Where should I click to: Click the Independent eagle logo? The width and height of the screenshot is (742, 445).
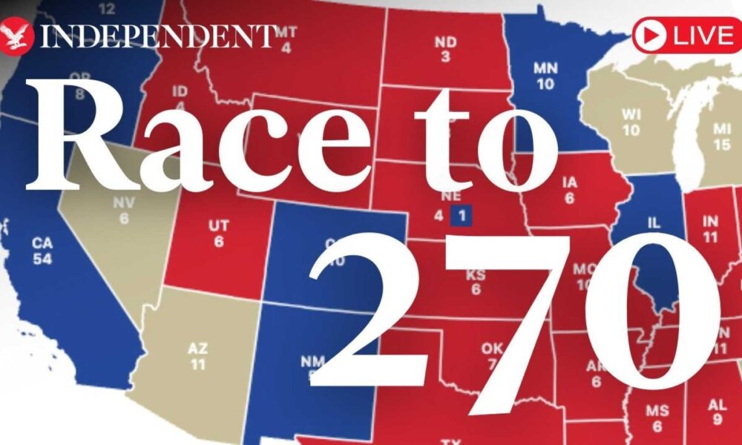pyautogui.click(x=16, y=34)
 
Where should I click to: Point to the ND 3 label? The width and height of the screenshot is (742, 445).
pyautogui.click(x=445, y=50)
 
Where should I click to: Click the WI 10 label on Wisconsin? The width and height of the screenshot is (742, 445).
pyautogui.click(x=631, y=123)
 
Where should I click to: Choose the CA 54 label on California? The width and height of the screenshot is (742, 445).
pyautogui.click(x=42, y=250)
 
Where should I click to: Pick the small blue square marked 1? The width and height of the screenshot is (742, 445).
pyautogui.click(x=462, y=217)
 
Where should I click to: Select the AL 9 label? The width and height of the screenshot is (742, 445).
pyautogui.click(x=717, y=412)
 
